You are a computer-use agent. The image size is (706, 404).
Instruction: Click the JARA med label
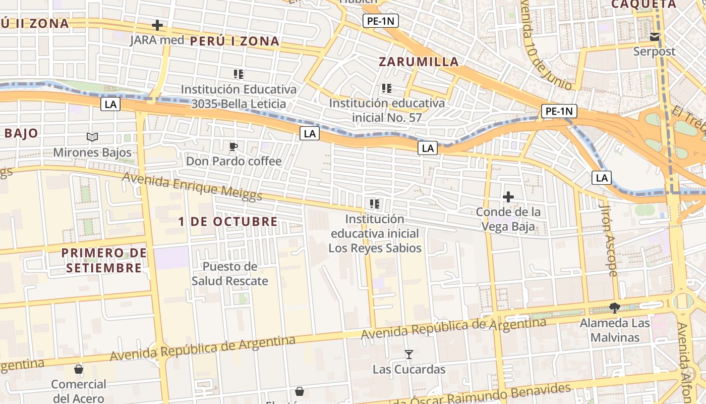click(x=157, y=40)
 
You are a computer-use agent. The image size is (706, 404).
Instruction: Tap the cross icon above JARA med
click(x=157, y=25)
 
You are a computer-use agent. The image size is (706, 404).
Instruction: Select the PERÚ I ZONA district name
click(x=234, y=41)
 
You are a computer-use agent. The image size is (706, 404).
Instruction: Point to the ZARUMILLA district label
click(x=419, y=62)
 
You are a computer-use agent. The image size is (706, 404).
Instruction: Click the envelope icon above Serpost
click(x=655, y=37)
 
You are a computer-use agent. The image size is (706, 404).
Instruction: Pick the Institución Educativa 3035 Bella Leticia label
click(x=239, y=96)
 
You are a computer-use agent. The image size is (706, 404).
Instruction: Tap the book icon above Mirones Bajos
click(x=92, y=137)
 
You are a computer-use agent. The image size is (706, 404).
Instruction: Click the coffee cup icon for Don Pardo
click(x=233, y=147)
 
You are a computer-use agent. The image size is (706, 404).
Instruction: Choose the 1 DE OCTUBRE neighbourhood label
click(x=228, y=222)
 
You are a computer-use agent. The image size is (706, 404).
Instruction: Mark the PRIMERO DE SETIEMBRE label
click(x=104, y=260)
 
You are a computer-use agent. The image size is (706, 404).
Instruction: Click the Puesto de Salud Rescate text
click(x=230, y=274)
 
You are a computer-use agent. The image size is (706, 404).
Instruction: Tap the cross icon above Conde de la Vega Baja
click(x=508, y=197)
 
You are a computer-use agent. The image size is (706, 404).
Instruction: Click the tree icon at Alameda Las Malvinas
click(x=614, y=308)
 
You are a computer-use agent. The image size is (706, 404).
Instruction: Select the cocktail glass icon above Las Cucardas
click(x=409, y=355)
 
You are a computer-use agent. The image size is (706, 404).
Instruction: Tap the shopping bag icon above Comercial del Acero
click(x=79, y=369)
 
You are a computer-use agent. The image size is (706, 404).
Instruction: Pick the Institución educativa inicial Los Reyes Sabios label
click(x=375, y=234)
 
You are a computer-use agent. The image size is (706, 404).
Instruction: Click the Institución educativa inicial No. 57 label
click(x=387, y=110)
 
